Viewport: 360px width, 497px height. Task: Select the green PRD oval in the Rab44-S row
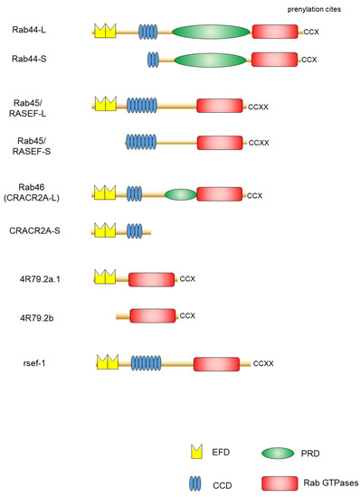pyautogui.click(x=209, y=61)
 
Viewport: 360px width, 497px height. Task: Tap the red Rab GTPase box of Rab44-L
pyautogui.click(x=277, y=32)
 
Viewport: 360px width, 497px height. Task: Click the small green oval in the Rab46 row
pyautogui.click(x=181, y=193)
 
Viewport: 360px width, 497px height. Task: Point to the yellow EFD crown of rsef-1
pyautogui.click(x=108, y=362)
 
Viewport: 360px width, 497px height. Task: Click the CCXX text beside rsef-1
pyautogui.click(x=263, y=363)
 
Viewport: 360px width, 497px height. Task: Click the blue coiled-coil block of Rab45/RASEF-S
pyautogui.click(x=141, y=141)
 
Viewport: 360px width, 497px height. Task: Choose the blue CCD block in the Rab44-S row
pyautogui.click(x=153, y=60)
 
